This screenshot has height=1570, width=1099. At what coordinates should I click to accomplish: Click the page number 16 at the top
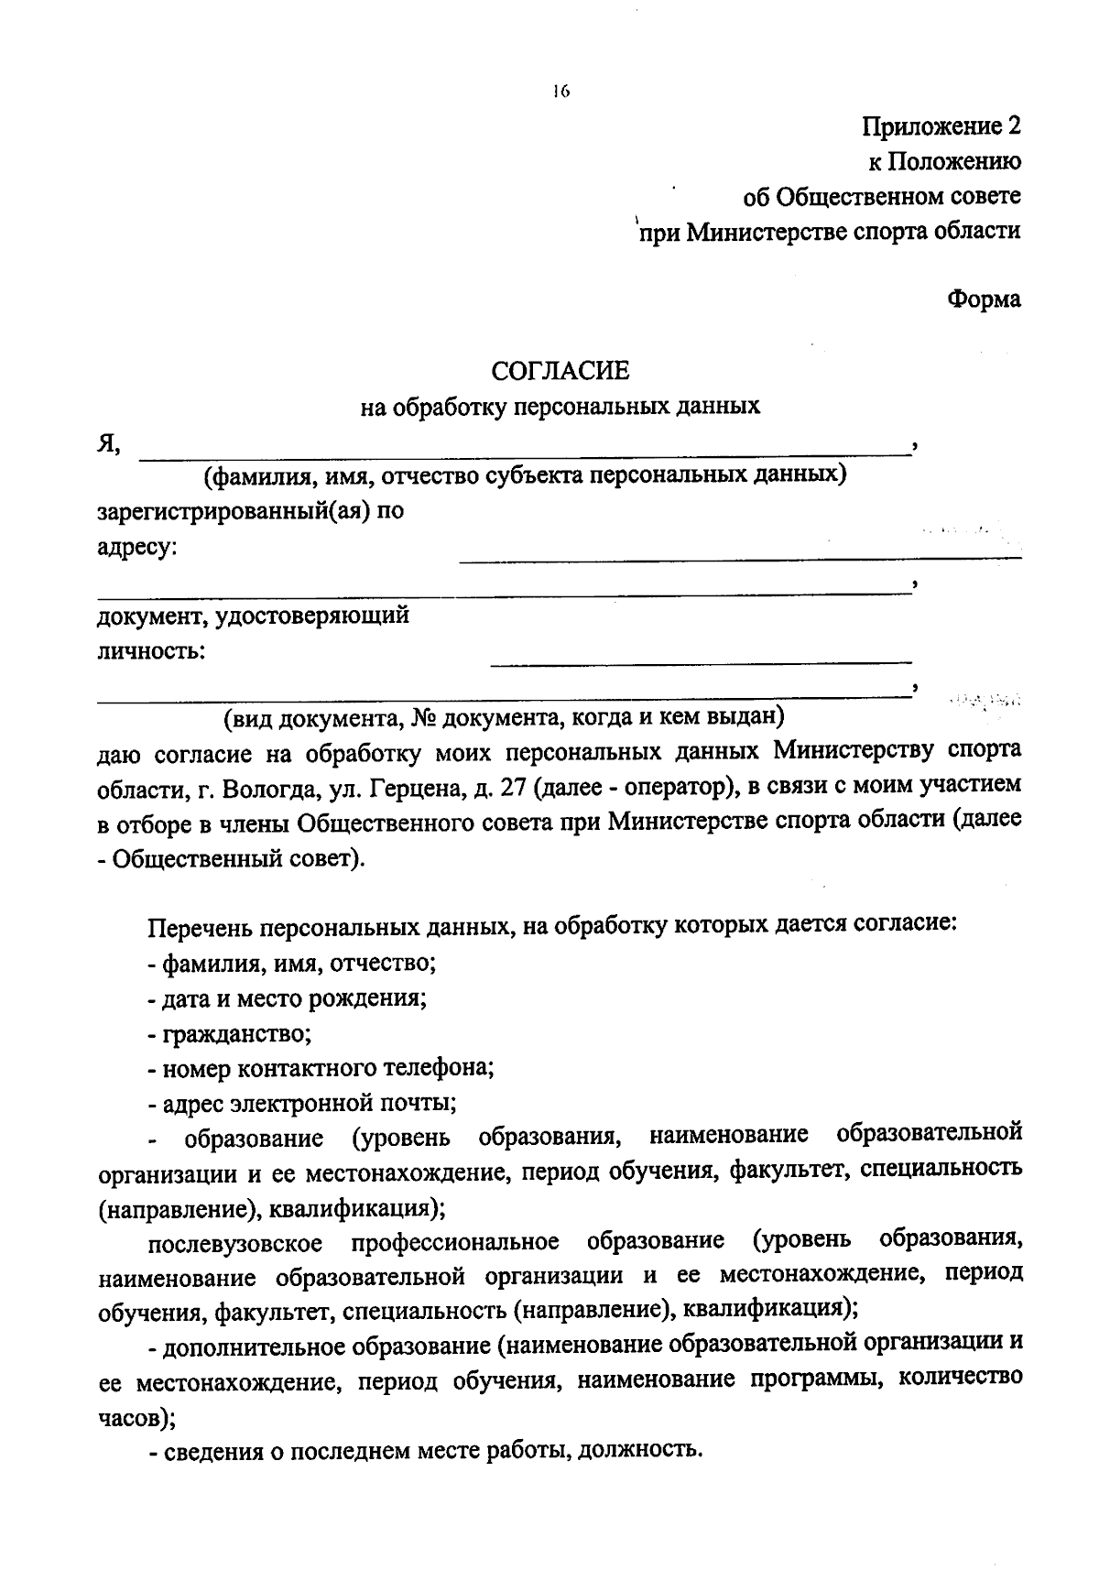560,91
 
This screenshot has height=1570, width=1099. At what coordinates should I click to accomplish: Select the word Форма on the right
984,300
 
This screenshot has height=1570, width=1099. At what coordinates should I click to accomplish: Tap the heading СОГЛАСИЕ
560,371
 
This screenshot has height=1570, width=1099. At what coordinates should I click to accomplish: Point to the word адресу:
137,549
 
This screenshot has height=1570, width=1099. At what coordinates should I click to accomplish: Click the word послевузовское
235,1243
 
